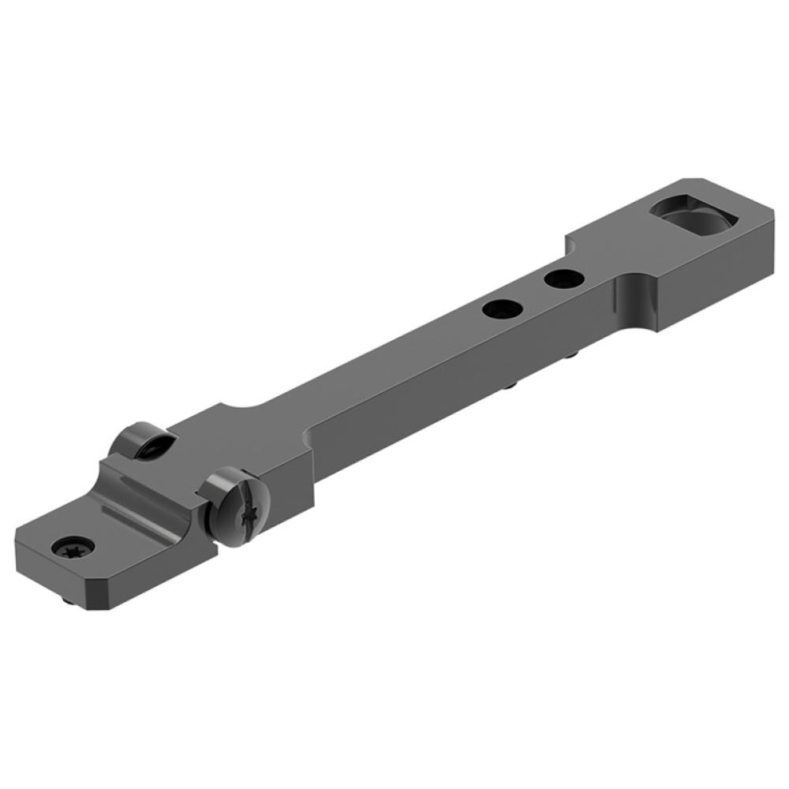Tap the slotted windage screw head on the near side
(x=237, y=505)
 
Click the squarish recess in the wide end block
(x=690, y=213)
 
